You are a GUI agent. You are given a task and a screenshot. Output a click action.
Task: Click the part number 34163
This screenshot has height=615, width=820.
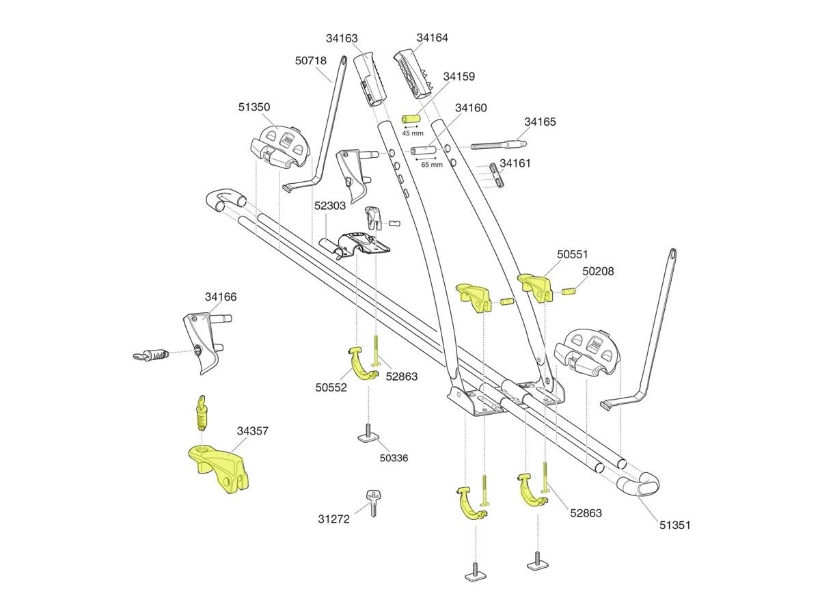click(342, 39)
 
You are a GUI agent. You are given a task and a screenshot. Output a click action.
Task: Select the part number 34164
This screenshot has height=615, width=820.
click(433, 38)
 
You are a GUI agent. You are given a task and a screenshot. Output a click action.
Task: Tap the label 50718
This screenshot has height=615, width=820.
click(311, 61)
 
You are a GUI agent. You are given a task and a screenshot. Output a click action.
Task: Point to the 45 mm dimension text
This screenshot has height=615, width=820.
click(413, 133)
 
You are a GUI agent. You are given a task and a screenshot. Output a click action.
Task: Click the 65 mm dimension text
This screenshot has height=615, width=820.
click(431, 165)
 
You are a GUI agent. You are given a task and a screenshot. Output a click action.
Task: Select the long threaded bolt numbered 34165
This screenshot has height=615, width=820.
click(498, 146)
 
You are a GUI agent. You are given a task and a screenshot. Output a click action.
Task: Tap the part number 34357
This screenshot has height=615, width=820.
click(253, 431)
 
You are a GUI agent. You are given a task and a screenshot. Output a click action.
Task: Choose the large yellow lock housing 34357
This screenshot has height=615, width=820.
click(219, 468)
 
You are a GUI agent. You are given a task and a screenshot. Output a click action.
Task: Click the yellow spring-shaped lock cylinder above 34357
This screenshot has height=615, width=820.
click(201, 414)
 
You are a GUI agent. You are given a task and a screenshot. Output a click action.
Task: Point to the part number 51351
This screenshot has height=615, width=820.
click(674, 525)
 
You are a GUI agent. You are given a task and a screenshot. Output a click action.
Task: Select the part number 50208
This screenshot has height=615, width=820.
click(598, 271)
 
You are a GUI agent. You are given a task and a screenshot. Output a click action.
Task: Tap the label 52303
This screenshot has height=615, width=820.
click(330, 206)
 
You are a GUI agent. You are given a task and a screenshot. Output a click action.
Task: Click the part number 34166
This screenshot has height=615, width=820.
click(221, 297)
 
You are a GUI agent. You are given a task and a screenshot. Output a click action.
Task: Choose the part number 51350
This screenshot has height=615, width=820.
click(254, 107)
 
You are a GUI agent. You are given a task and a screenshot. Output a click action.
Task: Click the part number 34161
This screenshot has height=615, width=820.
click(515, 163)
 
